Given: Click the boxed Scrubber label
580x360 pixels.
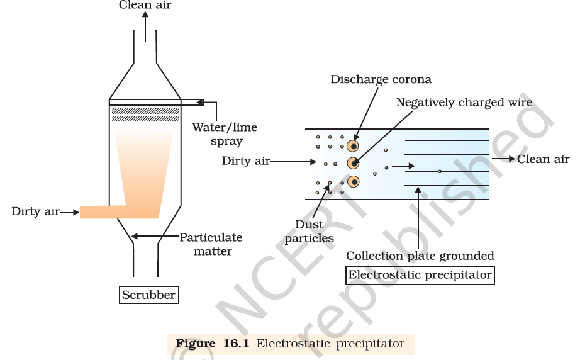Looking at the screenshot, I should (148, 295).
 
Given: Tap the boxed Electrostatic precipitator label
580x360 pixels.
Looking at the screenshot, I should (420, 275).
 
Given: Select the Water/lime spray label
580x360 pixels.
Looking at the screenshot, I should (225, 134).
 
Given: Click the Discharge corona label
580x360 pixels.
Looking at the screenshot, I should (381, 80).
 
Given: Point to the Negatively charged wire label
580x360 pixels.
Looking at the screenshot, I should (464, 103).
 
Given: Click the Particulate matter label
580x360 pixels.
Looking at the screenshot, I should (211, 244).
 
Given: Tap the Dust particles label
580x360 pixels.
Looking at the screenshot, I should (310, 231).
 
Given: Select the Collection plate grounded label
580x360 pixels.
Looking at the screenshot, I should (420, 256).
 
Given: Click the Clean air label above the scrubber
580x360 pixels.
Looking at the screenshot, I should (145, 6).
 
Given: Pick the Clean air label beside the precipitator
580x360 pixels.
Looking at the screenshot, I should (543, 159).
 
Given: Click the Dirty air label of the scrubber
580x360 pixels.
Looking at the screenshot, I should (35, 211).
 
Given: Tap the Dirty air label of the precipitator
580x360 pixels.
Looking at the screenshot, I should (245, 161).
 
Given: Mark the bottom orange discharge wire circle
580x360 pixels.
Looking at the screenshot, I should (354, 183).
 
